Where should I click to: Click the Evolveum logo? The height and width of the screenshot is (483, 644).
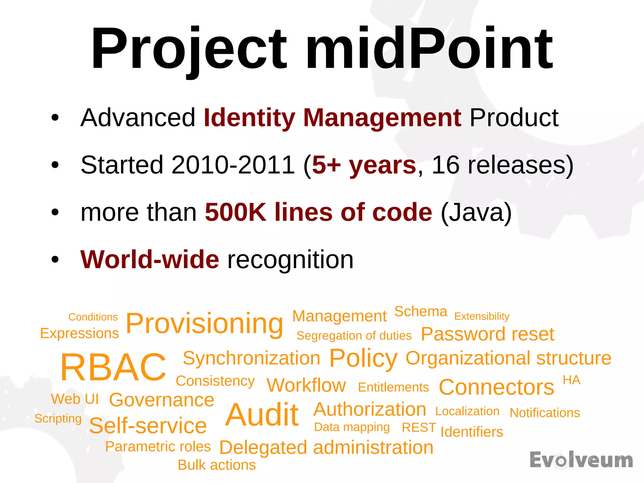click(581, 460)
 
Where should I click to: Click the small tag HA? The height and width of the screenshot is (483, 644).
click(571, 380)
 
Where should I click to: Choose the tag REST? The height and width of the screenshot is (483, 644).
click(419, 428)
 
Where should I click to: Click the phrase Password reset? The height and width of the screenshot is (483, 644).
click(487, 334)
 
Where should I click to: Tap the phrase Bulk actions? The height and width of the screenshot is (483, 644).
click(217, 465)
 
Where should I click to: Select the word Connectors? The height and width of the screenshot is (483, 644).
click(496, 387)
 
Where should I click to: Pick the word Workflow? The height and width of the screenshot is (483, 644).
click(306, 385)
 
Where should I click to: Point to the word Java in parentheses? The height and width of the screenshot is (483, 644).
click(476, 212)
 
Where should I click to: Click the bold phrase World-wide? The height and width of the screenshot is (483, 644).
click(150, 260)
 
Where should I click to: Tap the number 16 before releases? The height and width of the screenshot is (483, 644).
click(445, 165)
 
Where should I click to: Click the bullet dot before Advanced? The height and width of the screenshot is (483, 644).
click(55, 118)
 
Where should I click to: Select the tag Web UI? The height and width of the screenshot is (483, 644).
click(75, 399)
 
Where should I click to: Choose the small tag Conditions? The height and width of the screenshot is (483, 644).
click(93, 317)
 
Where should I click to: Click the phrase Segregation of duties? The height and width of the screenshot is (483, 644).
click(354, 336)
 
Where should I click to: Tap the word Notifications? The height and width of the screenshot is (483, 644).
click(545, 413)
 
